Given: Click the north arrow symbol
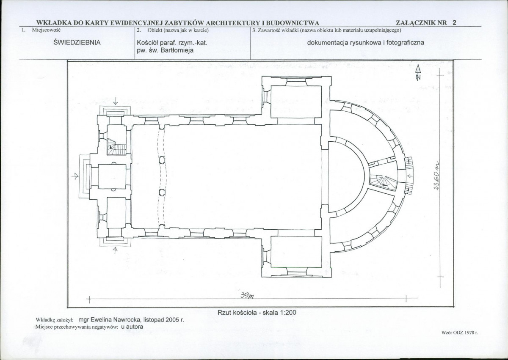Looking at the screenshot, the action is [418, 72].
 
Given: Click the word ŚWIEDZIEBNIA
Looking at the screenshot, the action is [77, 43].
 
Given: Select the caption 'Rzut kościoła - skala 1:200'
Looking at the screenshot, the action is [257, 313].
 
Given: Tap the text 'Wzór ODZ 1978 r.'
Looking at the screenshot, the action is [460, 333].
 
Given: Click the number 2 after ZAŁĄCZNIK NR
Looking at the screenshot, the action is [454, 23].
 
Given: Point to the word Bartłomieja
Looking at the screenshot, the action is [177, 50].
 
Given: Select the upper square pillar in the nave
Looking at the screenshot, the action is [162, 160].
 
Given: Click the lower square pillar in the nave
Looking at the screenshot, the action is [162, 193].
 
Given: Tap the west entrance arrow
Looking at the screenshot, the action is [75, 176].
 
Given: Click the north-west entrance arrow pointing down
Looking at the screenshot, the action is [116, 101].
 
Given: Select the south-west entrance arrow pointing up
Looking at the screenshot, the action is [115, 250].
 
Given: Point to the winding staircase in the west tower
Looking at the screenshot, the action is [117, 147].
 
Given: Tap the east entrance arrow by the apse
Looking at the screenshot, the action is [410, 176].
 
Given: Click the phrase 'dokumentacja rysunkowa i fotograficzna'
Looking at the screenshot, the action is [366, 43].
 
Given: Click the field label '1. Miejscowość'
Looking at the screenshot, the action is [41, 30].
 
